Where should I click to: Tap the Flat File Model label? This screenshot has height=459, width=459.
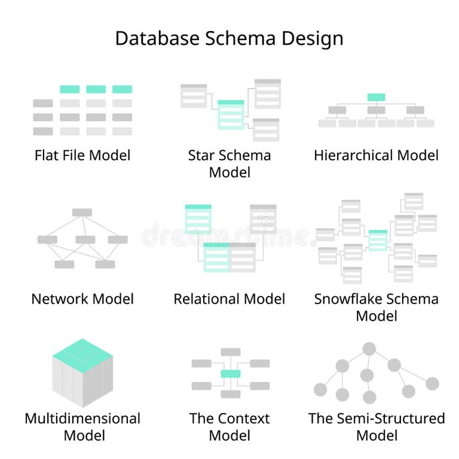82,155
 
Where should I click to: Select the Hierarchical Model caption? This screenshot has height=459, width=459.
376,155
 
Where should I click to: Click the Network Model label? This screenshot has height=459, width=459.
82,299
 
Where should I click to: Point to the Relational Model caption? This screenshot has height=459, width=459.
229,299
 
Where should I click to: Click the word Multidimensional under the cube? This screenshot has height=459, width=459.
82,418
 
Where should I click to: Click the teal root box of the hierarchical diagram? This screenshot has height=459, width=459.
376,97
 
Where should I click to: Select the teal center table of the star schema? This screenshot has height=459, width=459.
231,114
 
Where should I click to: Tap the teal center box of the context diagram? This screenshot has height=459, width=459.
230,374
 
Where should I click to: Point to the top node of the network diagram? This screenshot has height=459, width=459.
82,212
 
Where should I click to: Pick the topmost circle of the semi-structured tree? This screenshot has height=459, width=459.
369,348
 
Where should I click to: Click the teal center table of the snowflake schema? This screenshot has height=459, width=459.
378,240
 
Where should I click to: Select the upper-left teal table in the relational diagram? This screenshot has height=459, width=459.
198,218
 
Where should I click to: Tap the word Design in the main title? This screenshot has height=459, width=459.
316,38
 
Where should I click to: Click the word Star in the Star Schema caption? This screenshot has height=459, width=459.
201,155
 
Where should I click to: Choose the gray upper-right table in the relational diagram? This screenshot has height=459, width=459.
263,218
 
